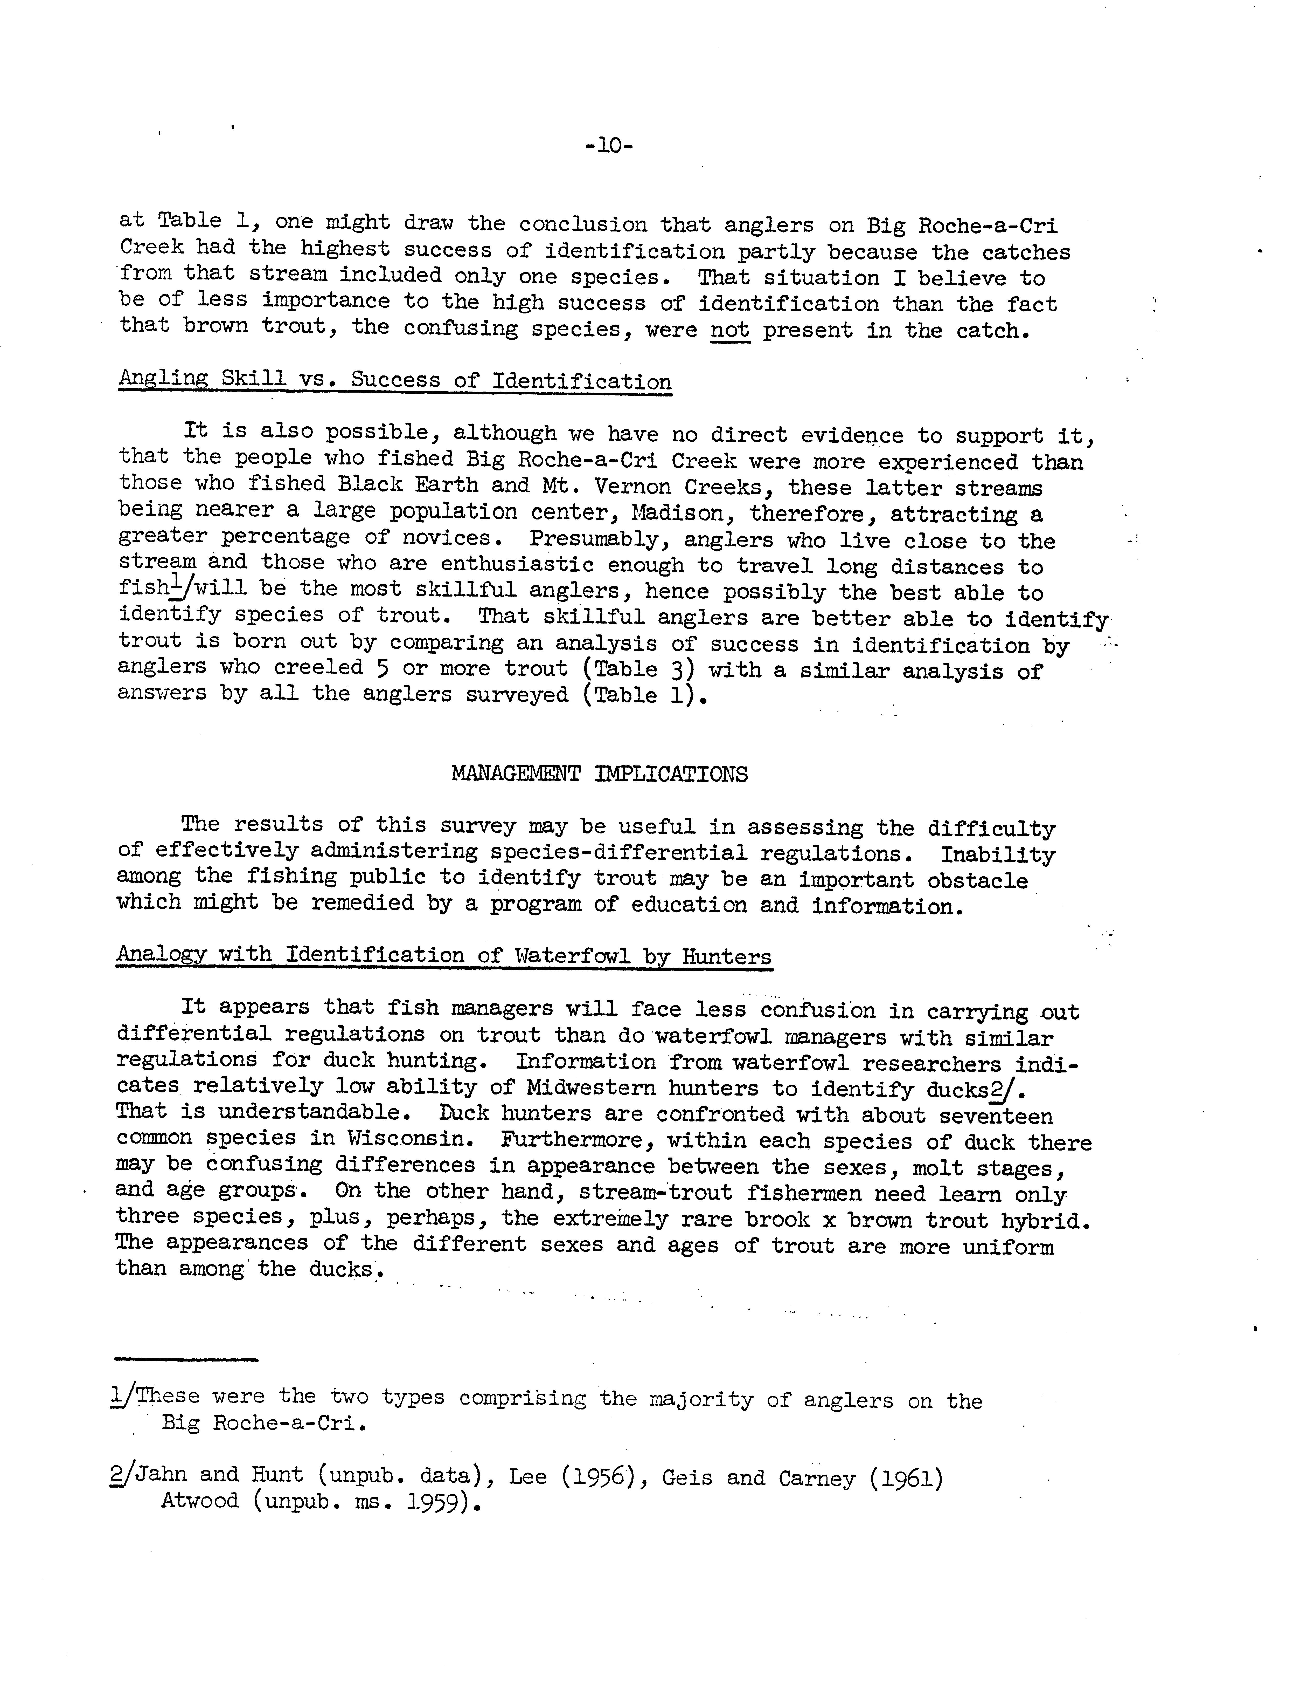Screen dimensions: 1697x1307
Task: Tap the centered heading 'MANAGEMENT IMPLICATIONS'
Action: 599,774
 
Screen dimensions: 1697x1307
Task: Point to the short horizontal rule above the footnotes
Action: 186,1359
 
